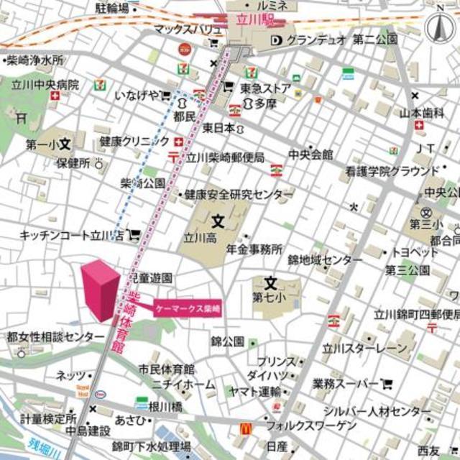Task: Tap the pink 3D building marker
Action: pyautogui.click(x=98, y=290)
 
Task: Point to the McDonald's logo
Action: pyautogui.click(x=245, y=428)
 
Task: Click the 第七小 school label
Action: pyautogui.click(x=270, y=296)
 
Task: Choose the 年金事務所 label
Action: pyautogui.click(x=254, y=249)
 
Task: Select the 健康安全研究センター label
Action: pyautogui.click(x=239, y=195)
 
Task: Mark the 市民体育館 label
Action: pyautogui.click(x=167, y=369)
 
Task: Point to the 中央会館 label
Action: pyautogui.click(x=310, y=155)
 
